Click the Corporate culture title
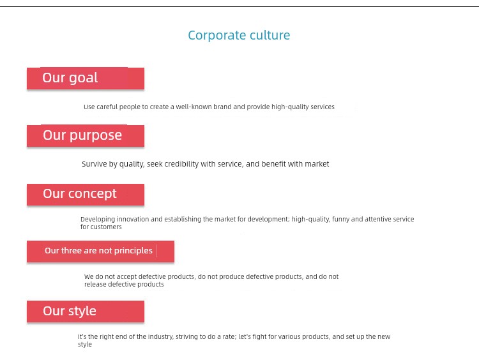(x=239, y=35)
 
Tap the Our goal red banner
(x=86, y=79)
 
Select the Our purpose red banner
(x=86, y=136)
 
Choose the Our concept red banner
(x=86, y=195)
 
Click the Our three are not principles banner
(x=100, y=251)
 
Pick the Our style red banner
(x=86, y=311)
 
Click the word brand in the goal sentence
(x=222, y=107)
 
